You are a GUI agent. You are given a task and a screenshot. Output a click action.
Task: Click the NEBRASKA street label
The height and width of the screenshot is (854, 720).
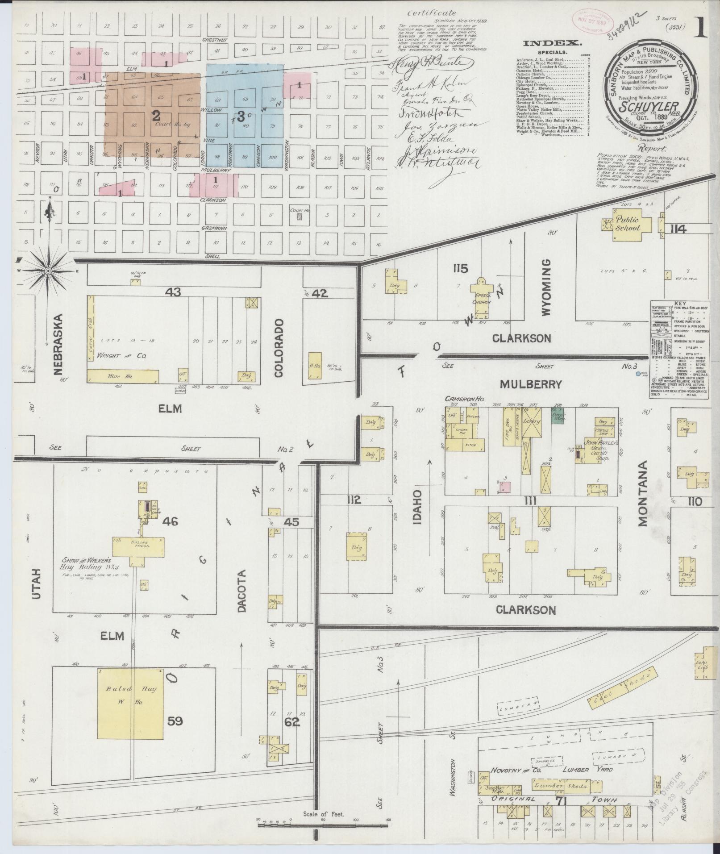(61, 343)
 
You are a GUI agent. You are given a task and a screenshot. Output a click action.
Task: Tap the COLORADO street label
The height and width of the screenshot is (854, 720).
(279, 348)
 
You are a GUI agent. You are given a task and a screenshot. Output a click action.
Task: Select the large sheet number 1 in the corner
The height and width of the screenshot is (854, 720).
(702, 28)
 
